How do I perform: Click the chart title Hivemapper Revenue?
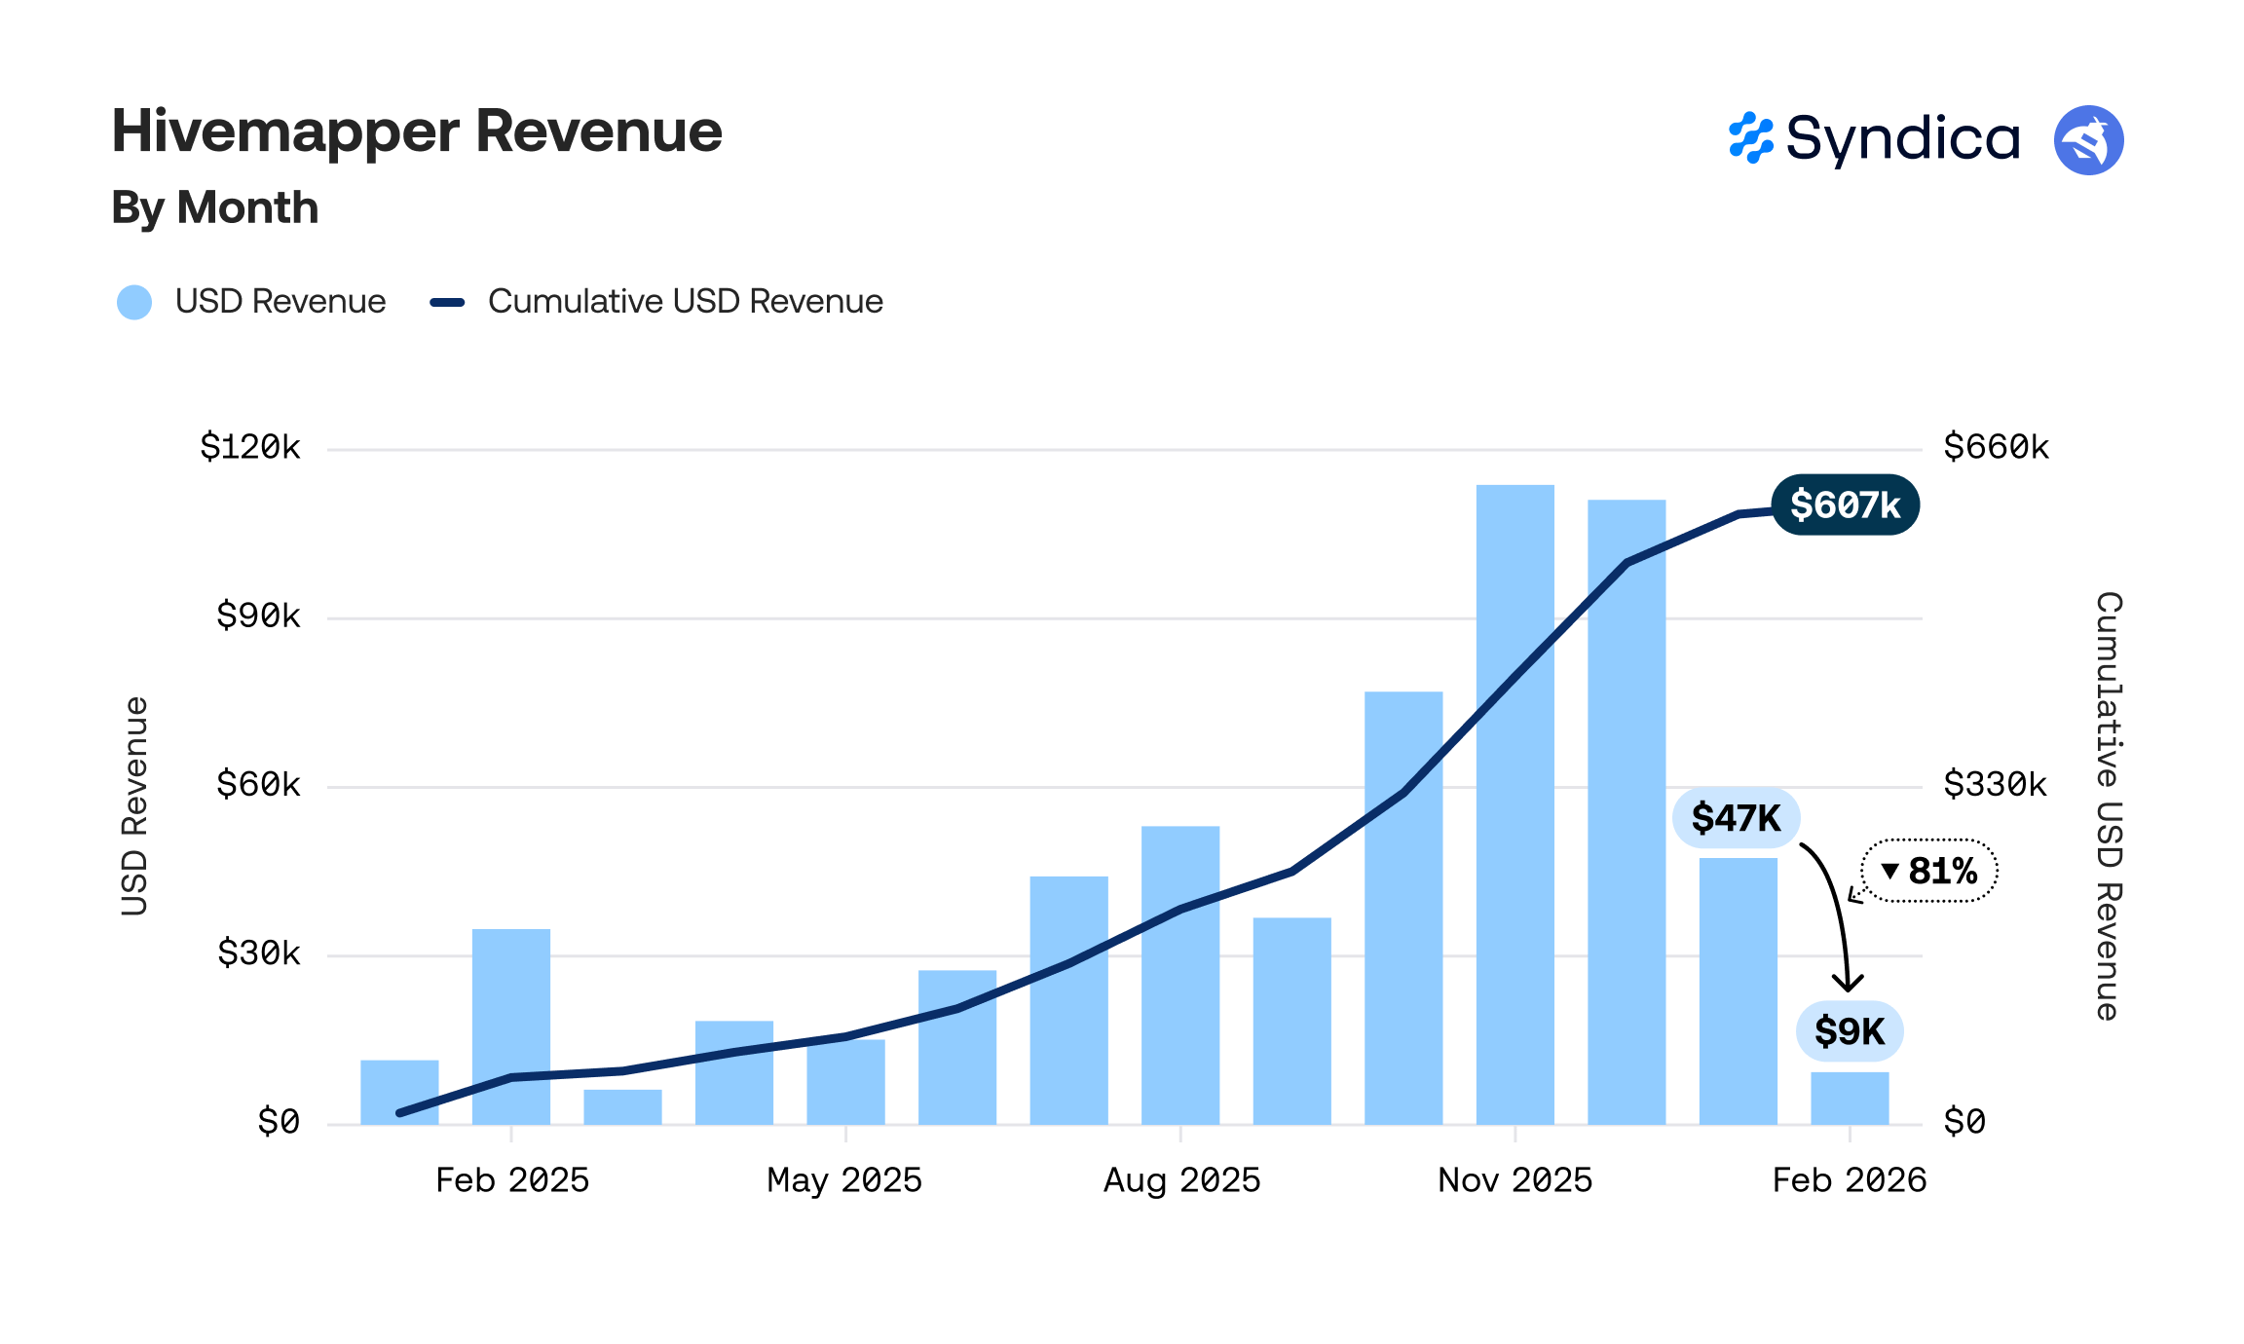pos(417,132)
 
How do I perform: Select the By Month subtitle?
pos(215,208)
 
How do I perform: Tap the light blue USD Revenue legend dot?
pos(134,302)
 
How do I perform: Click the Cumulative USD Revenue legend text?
pos(685,302)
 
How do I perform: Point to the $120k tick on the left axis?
pos(250,447)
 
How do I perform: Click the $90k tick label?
pos(258,616)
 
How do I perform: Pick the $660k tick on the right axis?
pos(1996,447)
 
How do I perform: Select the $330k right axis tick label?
pos(1995,784)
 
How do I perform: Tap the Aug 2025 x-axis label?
pos(1181,1180)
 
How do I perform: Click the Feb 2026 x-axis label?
pos(1849,1180)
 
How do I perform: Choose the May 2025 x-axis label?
pos(844,1180)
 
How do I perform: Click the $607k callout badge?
pos(1845,504)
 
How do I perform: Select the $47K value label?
pos(1736,818)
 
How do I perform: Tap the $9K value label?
pos(1849,1031)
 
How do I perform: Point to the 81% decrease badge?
pos(1930,871)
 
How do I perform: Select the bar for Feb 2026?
pos(1850,1099)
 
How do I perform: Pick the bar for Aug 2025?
pos(1180,974)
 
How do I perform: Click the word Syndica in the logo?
pos(1902,139)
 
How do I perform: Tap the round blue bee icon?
pos(2088,140)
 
